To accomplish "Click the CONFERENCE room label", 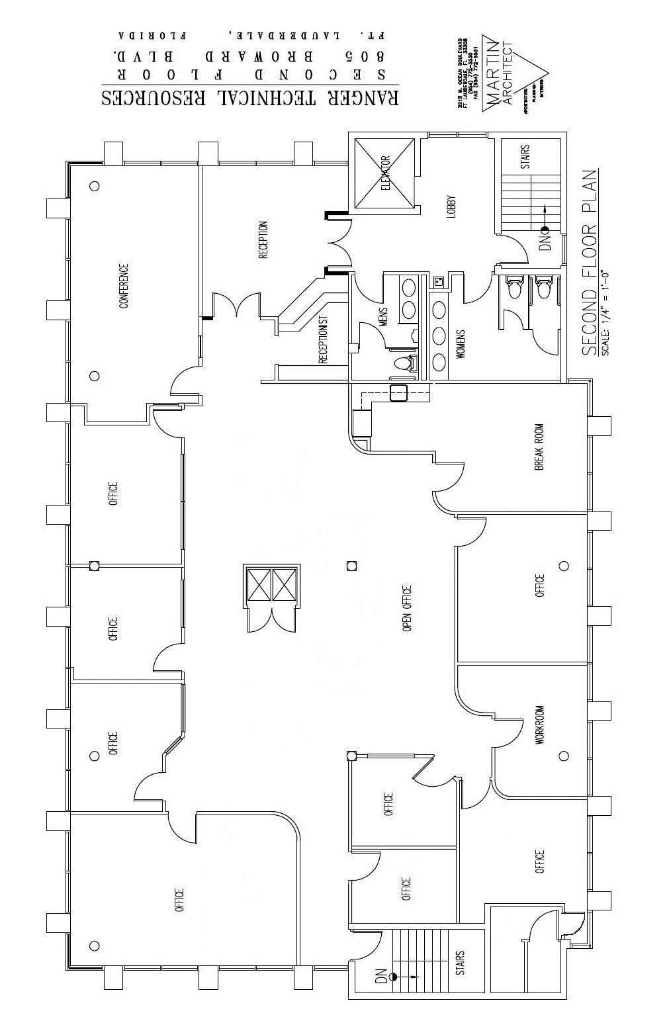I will click(123, 286).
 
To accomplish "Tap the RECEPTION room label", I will click(263, 240).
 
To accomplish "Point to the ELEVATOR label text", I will click(386, 173).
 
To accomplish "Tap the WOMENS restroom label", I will click(461, 344).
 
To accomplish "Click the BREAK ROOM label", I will click(539, 447).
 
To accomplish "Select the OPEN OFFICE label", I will click(407, 608).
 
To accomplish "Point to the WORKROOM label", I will click(539, 725).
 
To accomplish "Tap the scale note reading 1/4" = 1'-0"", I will click(607, 312).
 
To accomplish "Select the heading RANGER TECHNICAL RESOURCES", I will click(250, 97).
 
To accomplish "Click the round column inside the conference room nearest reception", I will click(95, 186).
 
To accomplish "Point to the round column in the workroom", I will click(564, 756).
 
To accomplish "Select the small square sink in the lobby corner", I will click(437, 282).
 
